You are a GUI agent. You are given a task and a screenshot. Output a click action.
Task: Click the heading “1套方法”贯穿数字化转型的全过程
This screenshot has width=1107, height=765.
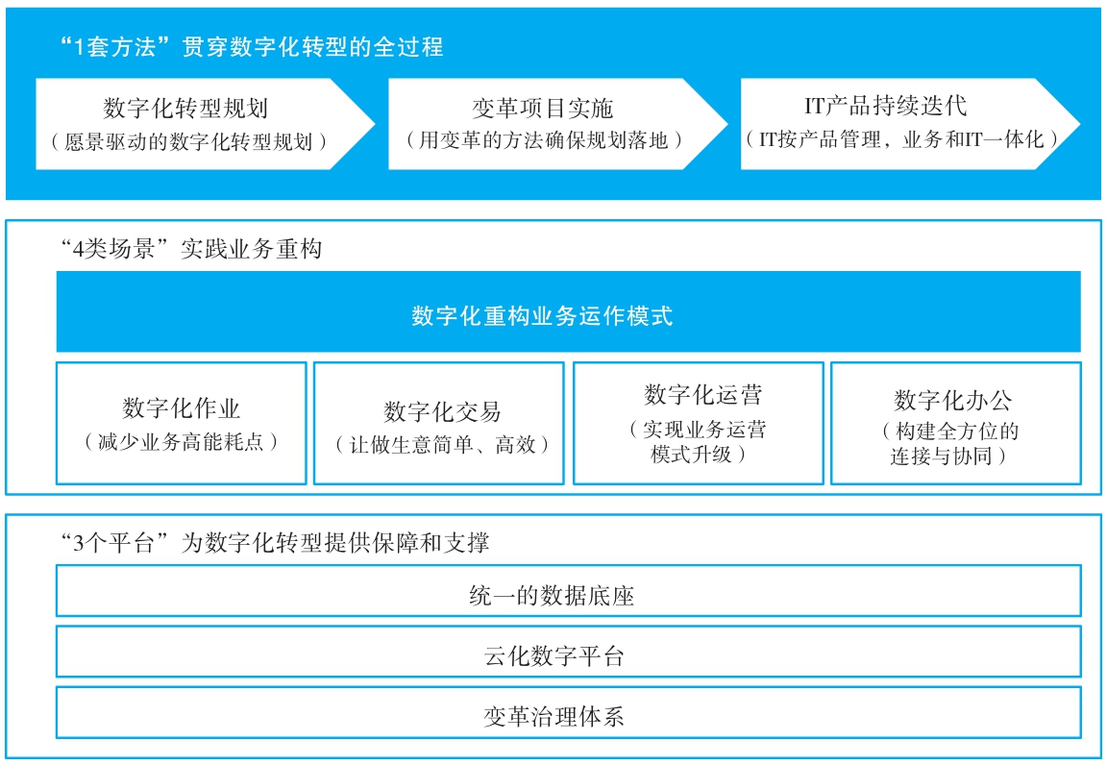pos(252,47)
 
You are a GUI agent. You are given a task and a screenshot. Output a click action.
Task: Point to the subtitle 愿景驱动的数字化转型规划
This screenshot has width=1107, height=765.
pos(187,142)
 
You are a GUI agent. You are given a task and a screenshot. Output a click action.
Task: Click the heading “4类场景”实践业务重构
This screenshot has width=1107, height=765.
pos(190,249)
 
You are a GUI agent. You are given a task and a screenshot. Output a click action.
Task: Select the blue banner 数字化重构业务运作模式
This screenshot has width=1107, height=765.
pos(568,311)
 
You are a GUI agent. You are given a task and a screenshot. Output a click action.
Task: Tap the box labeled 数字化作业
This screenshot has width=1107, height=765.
pos(182,423)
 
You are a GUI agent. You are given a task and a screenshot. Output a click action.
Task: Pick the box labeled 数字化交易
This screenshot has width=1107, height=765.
pos(439,423)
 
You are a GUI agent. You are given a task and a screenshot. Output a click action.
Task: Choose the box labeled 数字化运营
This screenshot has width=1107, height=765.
pos(699,423)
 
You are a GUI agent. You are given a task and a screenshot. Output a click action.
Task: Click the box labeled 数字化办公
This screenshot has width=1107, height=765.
pos(956,423)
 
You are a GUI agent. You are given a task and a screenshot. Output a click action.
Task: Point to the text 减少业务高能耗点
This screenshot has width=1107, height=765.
pos(181,442)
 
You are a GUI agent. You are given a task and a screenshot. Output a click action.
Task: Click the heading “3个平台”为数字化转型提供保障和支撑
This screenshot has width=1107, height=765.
pos(275,542)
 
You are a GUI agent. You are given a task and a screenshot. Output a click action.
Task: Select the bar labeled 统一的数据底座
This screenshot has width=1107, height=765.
pos(568,590)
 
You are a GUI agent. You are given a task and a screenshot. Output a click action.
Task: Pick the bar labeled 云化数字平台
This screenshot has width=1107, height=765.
pos(568,652)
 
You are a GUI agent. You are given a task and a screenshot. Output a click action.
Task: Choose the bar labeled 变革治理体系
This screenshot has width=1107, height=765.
pos(568,712)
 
